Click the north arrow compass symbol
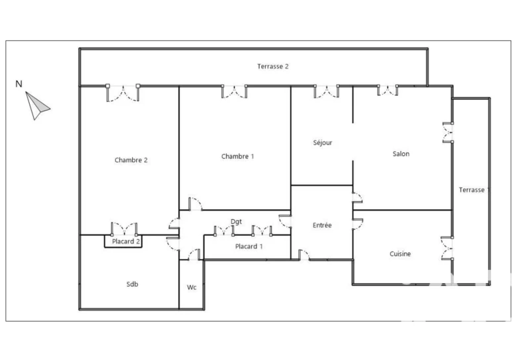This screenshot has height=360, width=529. pyautogui.click(x=36, y=106)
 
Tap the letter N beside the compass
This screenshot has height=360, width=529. pyautogui.click(x=19, y=84)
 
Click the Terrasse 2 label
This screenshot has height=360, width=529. pyautogui.click(x=272, y=67)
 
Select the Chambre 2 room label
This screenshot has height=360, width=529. pyautogui.click(x=131, y=160)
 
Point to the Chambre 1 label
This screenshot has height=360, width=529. pyautogui.click(x=237, y=156)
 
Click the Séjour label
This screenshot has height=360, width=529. pyautogui.click(x=323, y=142)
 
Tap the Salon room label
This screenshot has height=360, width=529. pyautogui.click(x=401, y=154)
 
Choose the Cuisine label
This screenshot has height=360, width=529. pyautogui.click(x=400, y=254)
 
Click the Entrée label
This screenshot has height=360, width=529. pyautogui.click(x=322, y=225)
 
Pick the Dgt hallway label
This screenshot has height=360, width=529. pyautogui.click(x=236, y=222)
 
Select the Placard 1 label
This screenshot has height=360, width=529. pyautogui.click(x=249, y=247)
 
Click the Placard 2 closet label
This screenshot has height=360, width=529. pyautogui.click(x=126, y=242)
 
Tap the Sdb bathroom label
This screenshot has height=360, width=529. pyautogui.click(x=132, y=285)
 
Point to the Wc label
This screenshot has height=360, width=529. pyautogui.click(x=192, y=287)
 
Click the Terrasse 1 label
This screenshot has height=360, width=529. pyautogui.click(x=474, y=190)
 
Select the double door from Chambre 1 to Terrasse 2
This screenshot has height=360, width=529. pyautogui.click(x=234, y=91)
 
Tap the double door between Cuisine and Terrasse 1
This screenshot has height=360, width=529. pyautogui.click(x=447, y=249)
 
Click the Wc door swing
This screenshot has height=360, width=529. pyautogui.click(x=194, y=255)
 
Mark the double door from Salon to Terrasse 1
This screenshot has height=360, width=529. pyautogui.click(x=448, y=133)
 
